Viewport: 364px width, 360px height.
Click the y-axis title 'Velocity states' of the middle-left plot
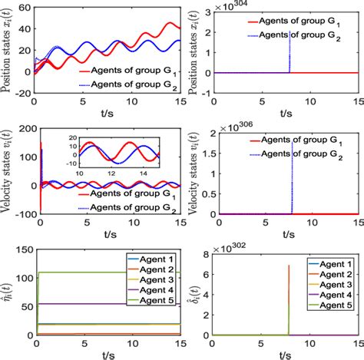pos(8,164)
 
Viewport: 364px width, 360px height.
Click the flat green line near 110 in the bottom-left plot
pos(77,272)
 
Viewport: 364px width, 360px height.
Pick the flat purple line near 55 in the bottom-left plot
pos(77,304)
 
